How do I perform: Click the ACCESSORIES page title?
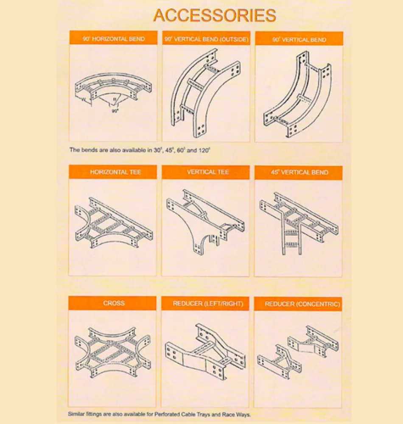point(215,15)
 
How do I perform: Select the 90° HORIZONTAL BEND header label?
point(114,39)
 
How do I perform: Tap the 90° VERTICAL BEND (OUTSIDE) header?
point(206,39)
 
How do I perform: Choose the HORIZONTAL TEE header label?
point(115,172)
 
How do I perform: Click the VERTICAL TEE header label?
point(208,172)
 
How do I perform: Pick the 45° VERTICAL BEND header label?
point(299,173)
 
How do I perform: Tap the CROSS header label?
point(114,303)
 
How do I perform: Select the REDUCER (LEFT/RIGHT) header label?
point(208,304)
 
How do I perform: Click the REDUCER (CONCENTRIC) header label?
point(302,304)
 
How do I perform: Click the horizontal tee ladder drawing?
point(114,223)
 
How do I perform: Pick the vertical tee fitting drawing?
point(206,222)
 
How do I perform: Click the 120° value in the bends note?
point(204,150)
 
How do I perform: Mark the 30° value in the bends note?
point(157,150)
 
